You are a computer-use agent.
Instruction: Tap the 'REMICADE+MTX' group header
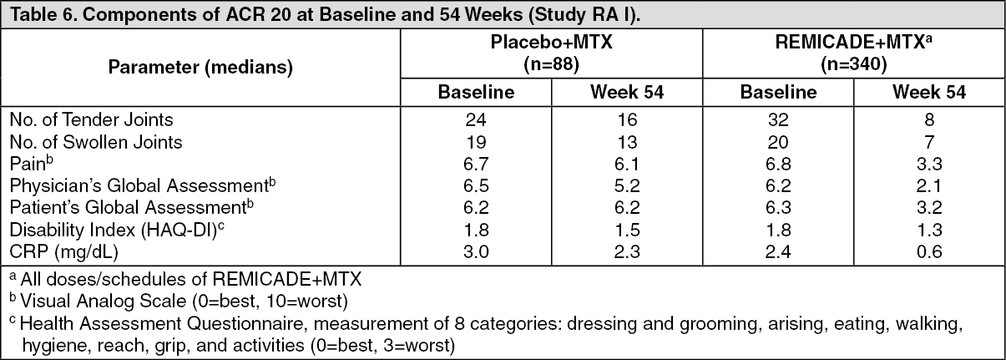click(x=850, y=46)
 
